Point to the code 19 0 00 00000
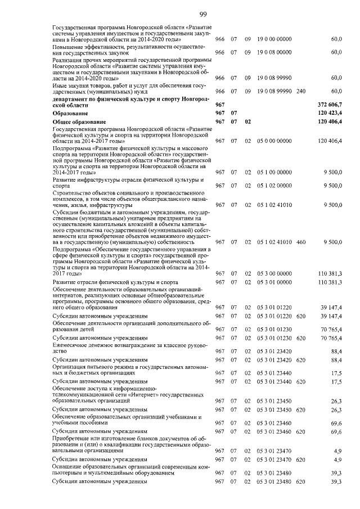point(274,39)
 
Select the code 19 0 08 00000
point(274,52)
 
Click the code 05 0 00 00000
point(274,141)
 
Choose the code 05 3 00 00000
point(274,273)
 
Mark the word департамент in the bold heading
point(70,99)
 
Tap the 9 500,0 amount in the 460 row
point(332,242)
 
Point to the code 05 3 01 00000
point(274,282)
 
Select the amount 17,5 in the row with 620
point(336,382)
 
